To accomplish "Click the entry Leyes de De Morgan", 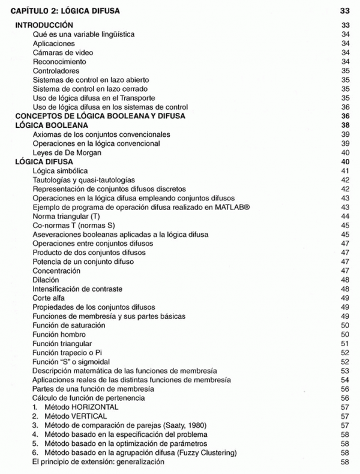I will (67, 152).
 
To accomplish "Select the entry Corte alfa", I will (49, 298).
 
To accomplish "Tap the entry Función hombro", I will (59, 334).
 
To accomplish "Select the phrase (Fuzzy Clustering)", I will (205, 452).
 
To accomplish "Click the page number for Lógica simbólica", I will (344, 171).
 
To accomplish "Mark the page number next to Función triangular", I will (344, 343).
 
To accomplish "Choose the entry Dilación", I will (47, 280).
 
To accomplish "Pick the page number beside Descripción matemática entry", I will (344, 370).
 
